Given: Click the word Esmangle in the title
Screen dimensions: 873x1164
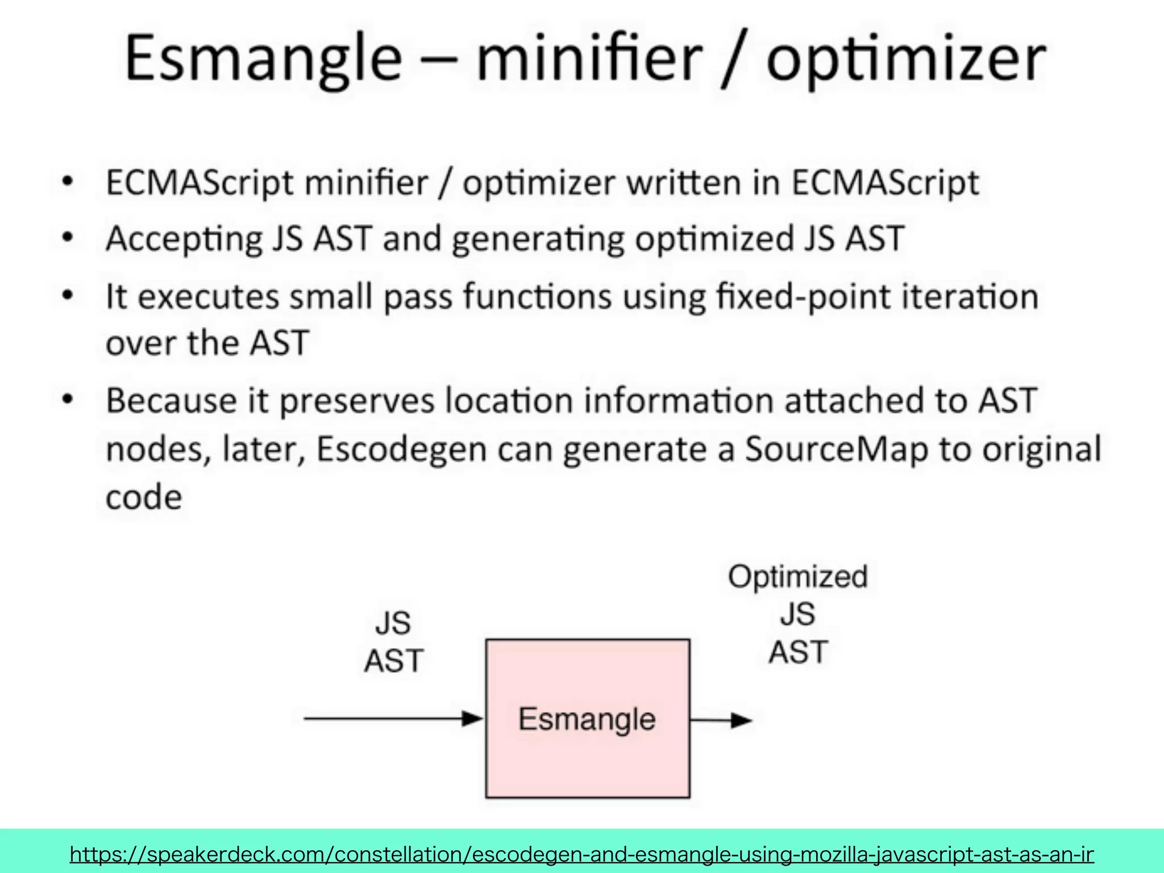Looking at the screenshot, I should point(263,59).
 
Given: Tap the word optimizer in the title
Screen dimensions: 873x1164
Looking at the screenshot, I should point(905,60).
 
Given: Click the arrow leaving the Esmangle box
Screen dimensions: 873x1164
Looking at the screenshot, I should point(721,720).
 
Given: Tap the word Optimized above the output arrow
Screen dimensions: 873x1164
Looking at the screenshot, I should point(797,576).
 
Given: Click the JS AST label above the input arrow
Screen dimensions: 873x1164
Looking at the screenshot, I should point(393,642).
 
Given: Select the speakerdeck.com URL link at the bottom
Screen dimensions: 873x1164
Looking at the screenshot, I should point(581,854).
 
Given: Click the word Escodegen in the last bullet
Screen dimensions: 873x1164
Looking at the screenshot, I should point(401,449).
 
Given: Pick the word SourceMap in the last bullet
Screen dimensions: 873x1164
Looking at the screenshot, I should point(836,449).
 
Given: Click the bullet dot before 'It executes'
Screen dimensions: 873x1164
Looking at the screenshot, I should point(68,296).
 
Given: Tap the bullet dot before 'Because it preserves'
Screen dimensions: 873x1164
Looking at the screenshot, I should point(68,400).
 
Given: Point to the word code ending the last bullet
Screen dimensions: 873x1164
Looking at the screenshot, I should point(144,497).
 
